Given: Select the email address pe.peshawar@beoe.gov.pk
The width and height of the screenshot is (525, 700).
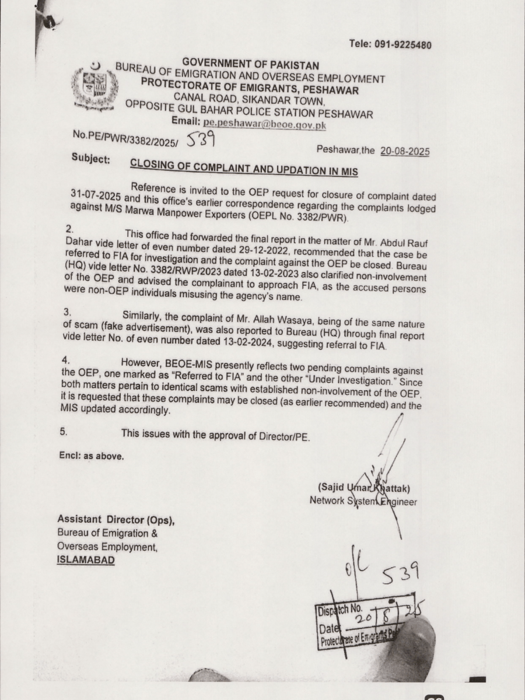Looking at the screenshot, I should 264,124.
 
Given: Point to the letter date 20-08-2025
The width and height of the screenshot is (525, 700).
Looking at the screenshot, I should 405,151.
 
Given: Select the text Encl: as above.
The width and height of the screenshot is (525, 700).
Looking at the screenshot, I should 90,456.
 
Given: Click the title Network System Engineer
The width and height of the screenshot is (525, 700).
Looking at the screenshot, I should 363,501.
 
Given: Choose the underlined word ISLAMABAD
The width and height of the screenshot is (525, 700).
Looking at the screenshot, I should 86,560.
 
